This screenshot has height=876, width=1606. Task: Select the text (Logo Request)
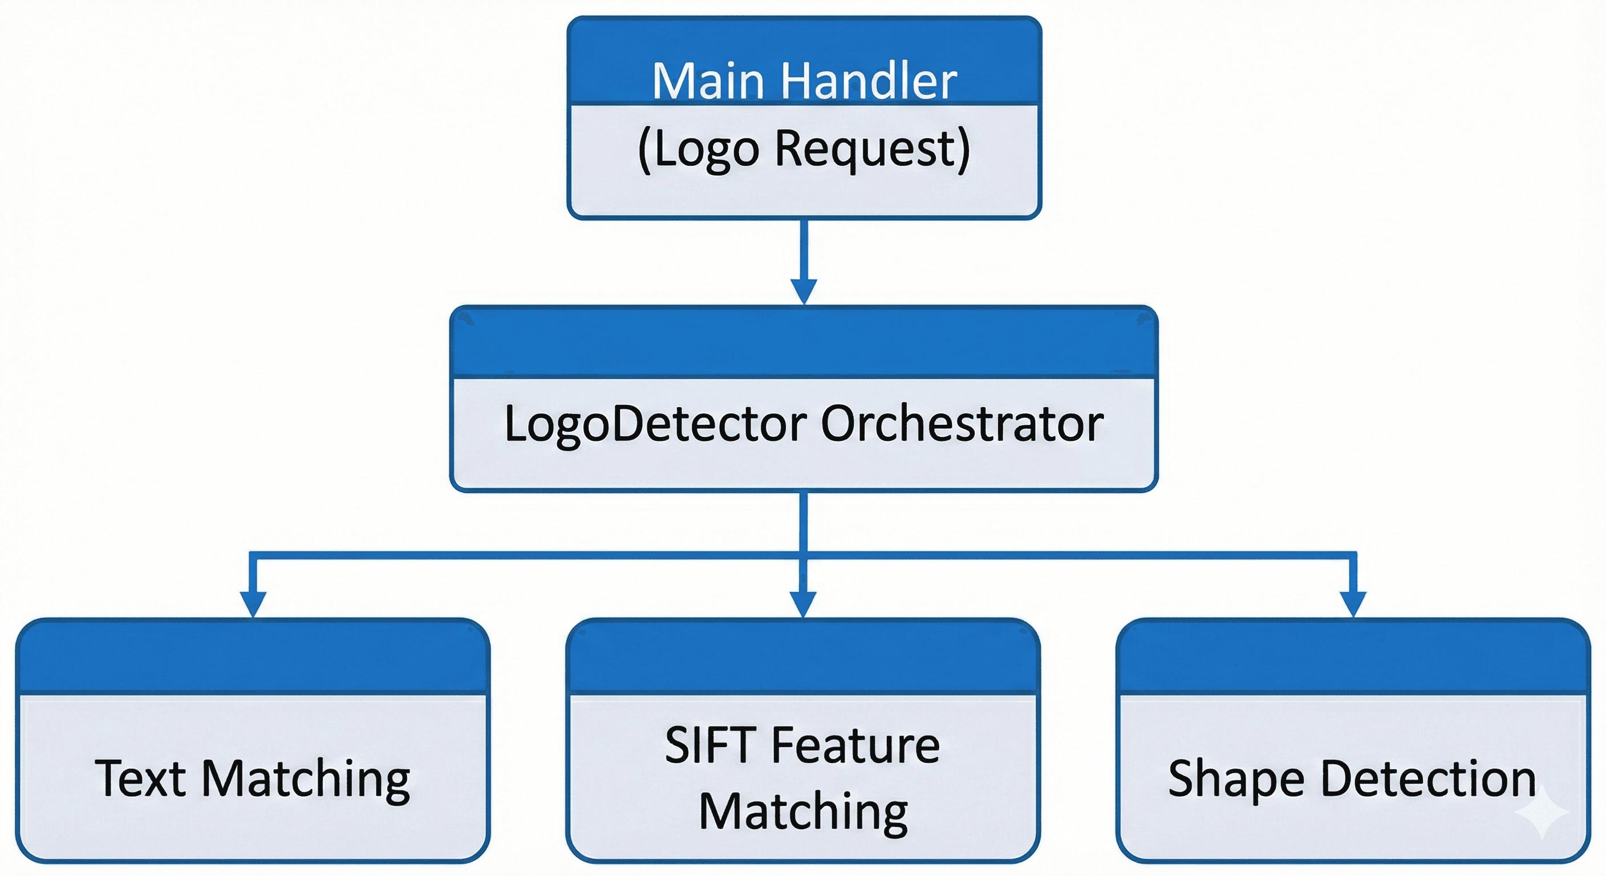(x=804, y=149)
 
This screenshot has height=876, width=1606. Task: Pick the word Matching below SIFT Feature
(x=803, y=811)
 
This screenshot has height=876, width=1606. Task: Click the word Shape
(x=1236, y=780)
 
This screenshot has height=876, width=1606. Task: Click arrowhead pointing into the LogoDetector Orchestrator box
(x=804, y=290)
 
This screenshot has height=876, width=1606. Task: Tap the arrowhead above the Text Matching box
(x=253, y=603)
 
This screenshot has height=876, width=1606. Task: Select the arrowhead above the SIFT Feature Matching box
(x=803, y=603)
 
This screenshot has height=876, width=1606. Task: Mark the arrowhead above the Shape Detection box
(x=1353, y=603)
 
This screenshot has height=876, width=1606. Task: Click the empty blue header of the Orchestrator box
(x=804, y=343)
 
